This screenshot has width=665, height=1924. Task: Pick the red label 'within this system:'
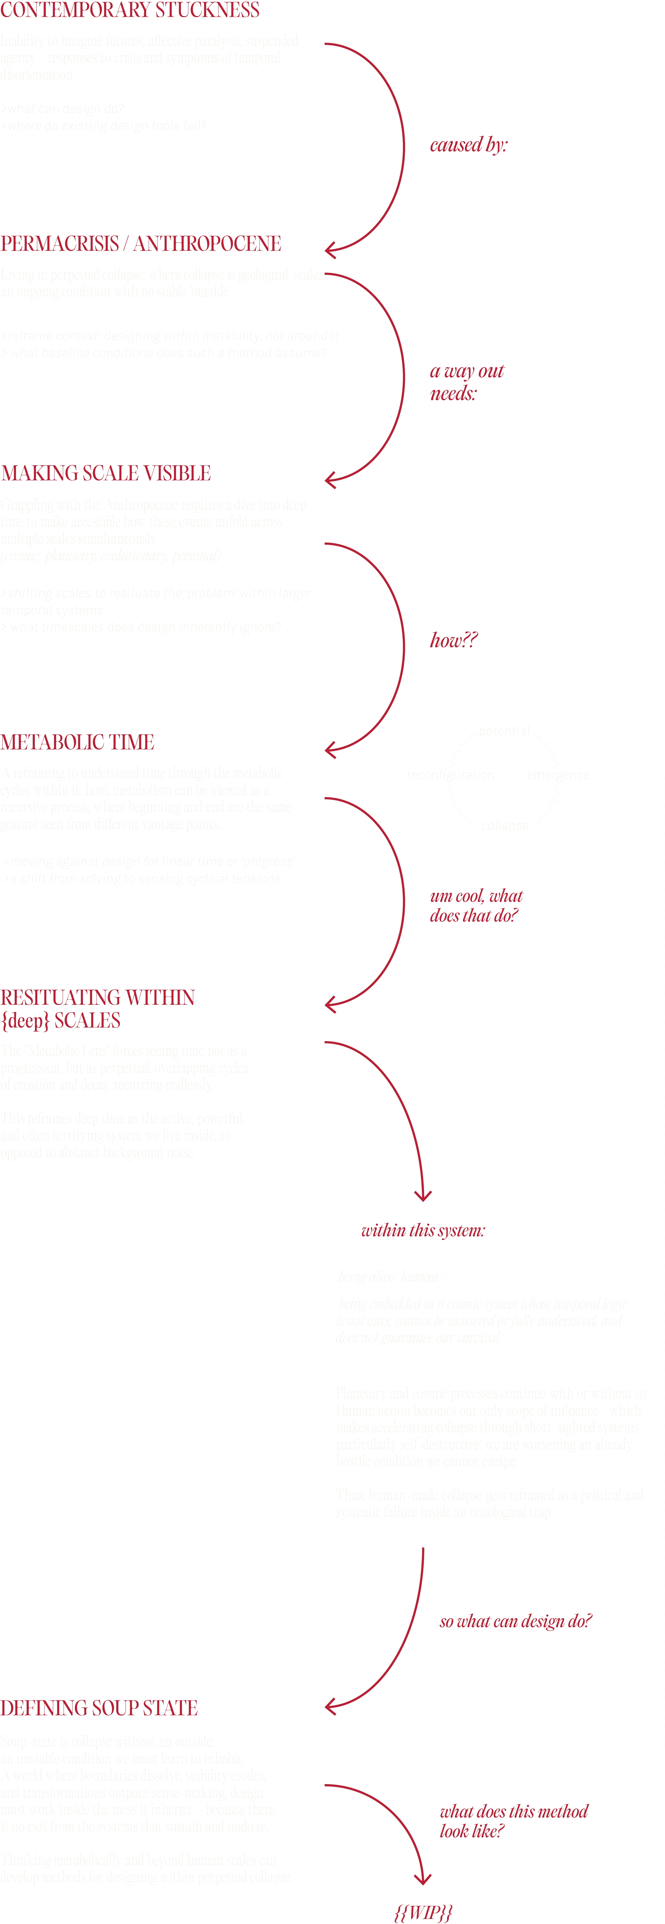tap(423, 1230)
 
